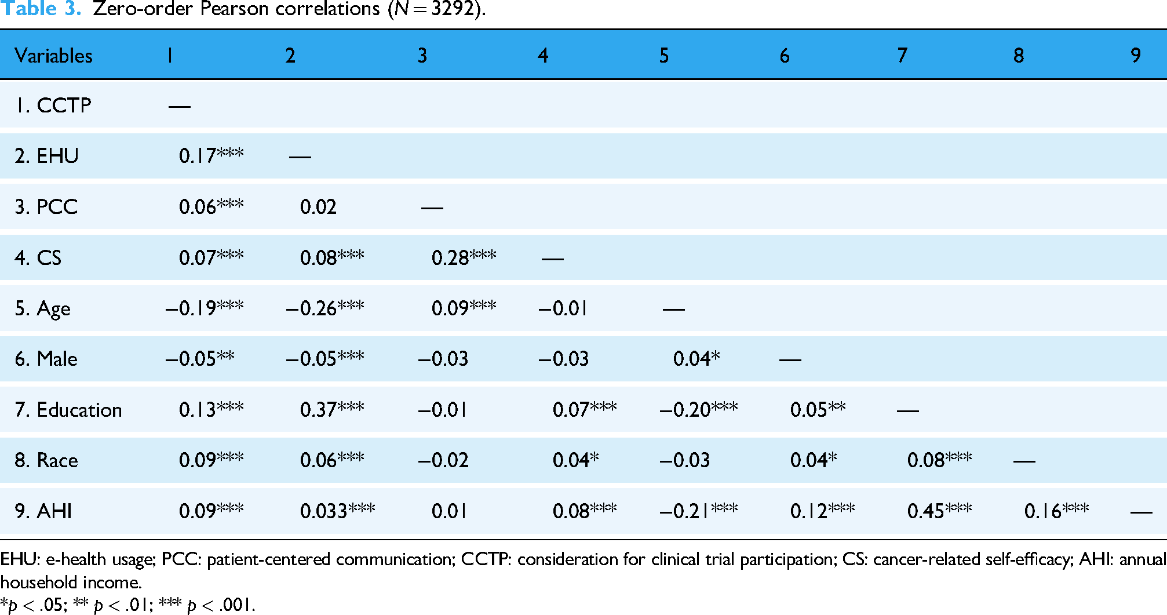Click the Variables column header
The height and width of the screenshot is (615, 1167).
pyautogui.click(x=53, y=56)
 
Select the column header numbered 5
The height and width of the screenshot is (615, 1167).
pyautogui.click(x=664, y=56)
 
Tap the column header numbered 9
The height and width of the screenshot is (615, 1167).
pyautogui.click(x=1136, y=56)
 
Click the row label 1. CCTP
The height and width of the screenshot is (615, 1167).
pyautogui.click(x=53, y=105)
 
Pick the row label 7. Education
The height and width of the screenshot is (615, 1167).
pyautogui.click(x=68, y=410)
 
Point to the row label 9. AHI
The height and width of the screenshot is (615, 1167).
pyautogui.click(x=43, y=511)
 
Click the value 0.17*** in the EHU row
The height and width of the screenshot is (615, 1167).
pyautogui.click(x=211, y=155)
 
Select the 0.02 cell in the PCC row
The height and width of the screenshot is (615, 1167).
pyautogui.click(x=318, y=207)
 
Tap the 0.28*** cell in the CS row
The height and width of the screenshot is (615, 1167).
pyautogui.click(x=464, y=257)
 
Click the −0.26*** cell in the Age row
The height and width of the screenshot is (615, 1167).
pyautogui.click(x=325, y=308)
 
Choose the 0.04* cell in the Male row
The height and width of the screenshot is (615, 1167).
pyautogui.click(x=696, y=358)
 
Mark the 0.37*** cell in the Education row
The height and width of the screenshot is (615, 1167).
pyautogui.click(x=332, y=409)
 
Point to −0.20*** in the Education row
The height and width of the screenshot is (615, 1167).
pyautogui.click(x=699, y=409)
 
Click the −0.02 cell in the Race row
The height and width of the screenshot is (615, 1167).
pyautogui.click(x=443, y=460)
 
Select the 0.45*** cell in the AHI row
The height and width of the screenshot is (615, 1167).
pyautogui.click(x=940, y=511)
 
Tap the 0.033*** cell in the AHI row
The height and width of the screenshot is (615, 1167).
pyautogui.click(x=338, y=511)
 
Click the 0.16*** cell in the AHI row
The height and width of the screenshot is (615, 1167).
pyautogui.click(x=1057, y=511)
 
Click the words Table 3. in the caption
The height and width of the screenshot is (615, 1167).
pyautogui.click(x=41, y=9)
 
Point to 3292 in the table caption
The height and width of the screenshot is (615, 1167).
pyautogui.click(x=453, y=9)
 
